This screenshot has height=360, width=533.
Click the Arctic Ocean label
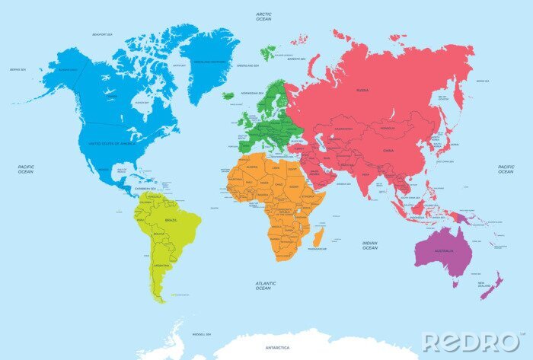[x=263, y=16]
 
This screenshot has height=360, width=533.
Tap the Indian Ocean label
[x=369, y=245]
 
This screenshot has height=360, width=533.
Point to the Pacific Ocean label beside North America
[x=26, y=169]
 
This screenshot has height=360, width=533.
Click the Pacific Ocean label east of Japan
[x=506, y=169]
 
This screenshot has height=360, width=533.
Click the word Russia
[x=362, y=90]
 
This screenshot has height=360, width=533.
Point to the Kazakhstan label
[x=343, y=129]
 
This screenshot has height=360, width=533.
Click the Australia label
[x=444, y=250]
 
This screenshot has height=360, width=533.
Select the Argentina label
[x=161, y=265]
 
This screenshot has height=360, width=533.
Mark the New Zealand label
[x=485, y=285]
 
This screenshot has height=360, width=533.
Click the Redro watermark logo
[x=469, y=342]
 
